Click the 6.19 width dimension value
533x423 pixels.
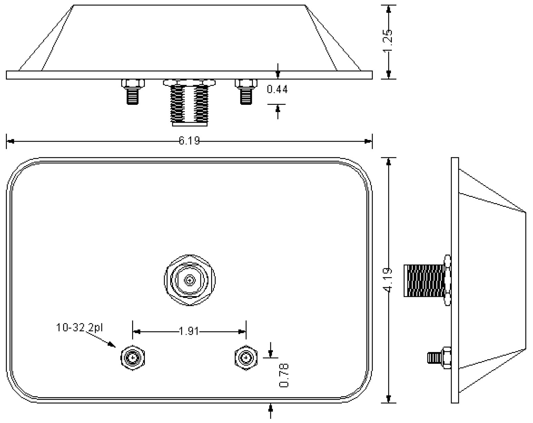tap(189, 141)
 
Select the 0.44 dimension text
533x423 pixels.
tap(277, 90)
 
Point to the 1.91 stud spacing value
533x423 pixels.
tap(189, 332)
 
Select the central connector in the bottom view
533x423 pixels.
tap(189, 280)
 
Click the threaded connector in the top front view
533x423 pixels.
tap(189, 103)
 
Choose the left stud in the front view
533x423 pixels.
tap(133, 91)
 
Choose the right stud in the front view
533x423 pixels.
tap(246, 91)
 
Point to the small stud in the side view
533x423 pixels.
tap(439, 358)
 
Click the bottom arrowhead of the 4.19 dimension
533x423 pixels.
tap(389, 399)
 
